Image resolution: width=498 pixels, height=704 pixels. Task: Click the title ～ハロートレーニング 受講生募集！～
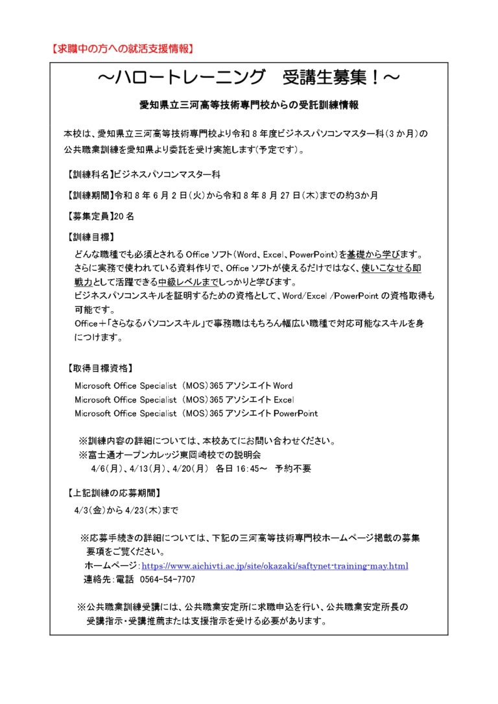click(x=248, y=78)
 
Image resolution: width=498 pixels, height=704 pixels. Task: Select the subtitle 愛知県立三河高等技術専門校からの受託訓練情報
click(x=249, y=105)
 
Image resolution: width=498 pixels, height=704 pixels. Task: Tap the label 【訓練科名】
click(x=89, y=175)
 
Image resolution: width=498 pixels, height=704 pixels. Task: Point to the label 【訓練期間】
click(x=89, y=195)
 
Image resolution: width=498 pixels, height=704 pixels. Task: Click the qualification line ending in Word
click(x=184, y=386)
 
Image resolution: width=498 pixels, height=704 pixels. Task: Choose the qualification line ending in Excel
click(x=184, y=399)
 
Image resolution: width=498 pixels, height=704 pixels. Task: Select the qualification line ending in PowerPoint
click(x=196, y=413)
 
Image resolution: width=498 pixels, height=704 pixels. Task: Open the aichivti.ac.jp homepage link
click(x=279, y=566)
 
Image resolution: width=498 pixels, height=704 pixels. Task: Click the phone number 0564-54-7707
click(x=167, y=580)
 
